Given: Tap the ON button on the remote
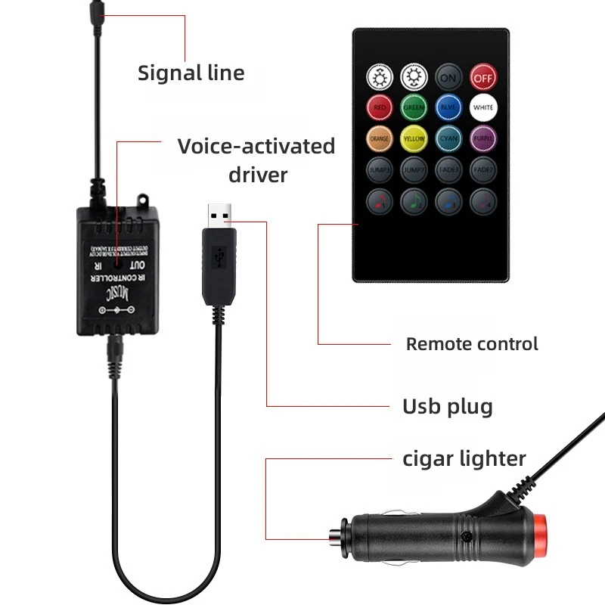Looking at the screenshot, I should point(448,77).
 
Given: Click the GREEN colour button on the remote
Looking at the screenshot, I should point(414,107).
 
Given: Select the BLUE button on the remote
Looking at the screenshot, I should point(448,107).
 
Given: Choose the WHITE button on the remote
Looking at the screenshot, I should point(483,107).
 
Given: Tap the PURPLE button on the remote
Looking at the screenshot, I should point(483,138).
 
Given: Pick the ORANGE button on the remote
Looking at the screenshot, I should point(379,138).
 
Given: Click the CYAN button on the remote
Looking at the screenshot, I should point(448,138).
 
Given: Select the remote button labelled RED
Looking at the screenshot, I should point(379,107).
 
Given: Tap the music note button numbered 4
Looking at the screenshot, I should point(483,200).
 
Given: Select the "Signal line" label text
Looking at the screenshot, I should point(191,73).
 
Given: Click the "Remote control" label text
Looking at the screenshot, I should point(472,344).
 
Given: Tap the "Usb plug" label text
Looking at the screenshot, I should point(447,406).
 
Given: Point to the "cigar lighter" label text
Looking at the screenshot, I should point(464,458).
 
